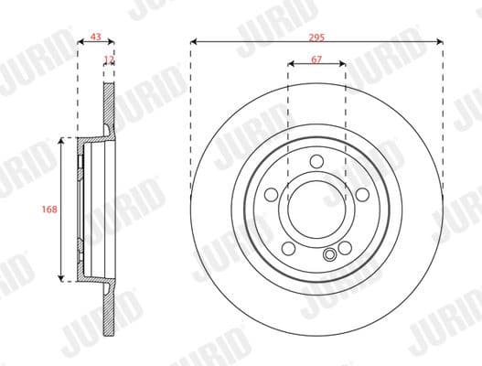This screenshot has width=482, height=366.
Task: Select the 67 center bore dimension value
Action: [x=316, y=58]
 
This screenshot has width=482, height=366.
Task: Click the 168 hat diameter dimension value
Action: [x=50, y=210]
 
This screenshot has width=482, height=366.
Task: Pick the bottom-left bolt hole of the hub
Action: [x=289, y=248]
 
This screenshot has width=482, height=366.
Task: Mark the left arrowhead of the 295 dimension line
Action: [x=194, y=41]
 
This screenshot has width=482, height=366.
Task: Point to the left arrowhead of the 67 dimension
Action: [x=290, y=64]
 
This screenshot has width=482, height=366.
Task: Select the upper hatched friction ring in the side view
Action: [x=110, y=105]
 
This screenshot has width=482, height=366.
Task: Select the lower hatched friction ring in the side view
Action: [x=110, y=311]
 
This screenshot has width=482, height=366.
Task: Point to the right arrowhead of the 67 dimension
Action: [x=343, y=64]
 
